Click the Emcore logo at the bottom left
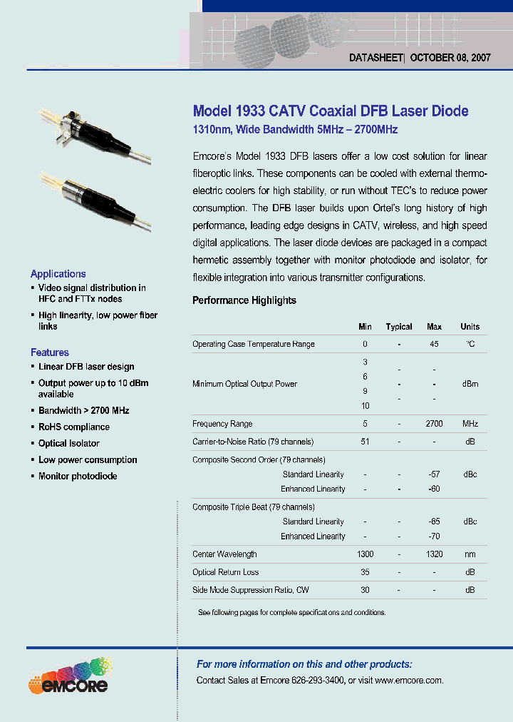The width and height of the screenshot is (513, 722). pos(68,676)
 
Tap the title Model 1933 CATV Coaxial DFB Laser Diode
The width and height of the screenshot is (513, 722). pos(331,111)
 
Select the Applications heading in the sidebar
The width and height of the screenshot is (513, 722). pos(58,274)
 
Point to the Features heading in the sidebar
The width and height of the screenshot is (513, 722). pos(50,352)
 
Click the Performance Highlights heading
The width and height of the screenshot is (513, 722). pos(244,300)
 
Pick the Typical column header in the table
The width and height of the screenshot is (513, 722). pos(399,327)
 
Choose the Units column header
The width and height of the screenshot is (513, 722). pos(470,327)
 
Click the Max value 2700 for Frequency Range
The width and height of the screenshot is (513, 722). pos(434,424)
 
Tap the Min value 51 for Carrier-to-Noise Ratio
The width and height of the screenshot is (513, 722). pos(365,442)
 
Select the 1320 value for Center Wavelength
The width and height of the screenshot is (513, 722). pos(434,554)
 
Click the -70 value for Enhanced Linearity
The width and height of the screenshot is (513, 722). pos(434,537)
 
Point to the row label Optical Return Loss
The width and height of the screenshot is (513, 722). pos(226,572)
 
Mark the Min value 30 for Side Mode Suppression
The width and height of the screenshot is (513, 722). pos(365,590)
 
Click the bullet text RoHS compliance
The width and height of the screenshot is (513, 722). pos(74,427)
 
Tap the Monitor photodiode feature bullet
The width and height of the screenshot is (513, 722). pos(78,477)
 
